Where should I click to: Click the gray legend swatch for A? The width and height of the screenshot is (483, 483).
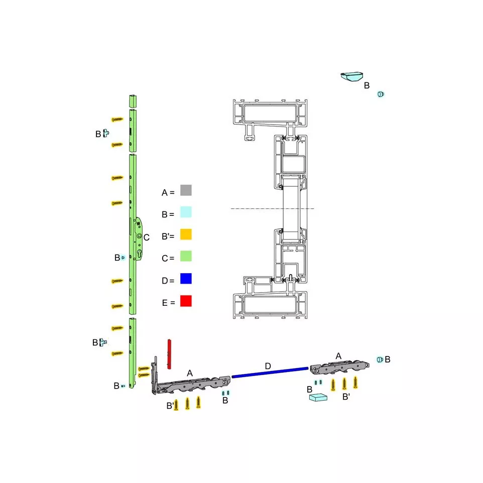pyautogui.click(x=186, y=190)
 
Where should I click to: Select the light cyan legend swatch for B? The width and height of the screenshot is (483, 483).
pyautogui.click(x=186, y=212)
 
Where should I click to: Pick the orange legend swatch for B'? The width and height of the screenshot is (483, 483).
pyautogui.click(x=186, y=234)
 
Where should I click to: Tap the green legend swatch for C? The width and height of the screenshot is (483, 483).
pyautogui.click(x=186, y=256)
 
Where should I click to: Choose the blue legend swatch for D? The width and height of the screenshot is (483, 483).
pyautogui.click(x=186, y=279)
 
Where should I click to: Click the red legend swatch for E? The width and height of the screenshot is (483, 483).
pyautogui.click(x=186, y=301)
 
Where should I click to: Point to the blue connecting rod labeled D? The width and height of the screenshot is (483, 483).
pyautogui.click(x=270, y=372)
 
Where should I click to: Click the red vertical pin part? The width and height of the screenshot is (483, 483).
pyautogui.click(x=169, y=354)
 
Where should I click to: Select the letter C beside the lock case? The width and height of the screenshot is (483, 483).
pyautogui.click(x=146, y=237)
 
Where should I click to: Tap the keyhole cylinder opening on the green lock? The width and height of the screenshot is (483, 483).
pyautogui.click(x=139, y=254)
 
